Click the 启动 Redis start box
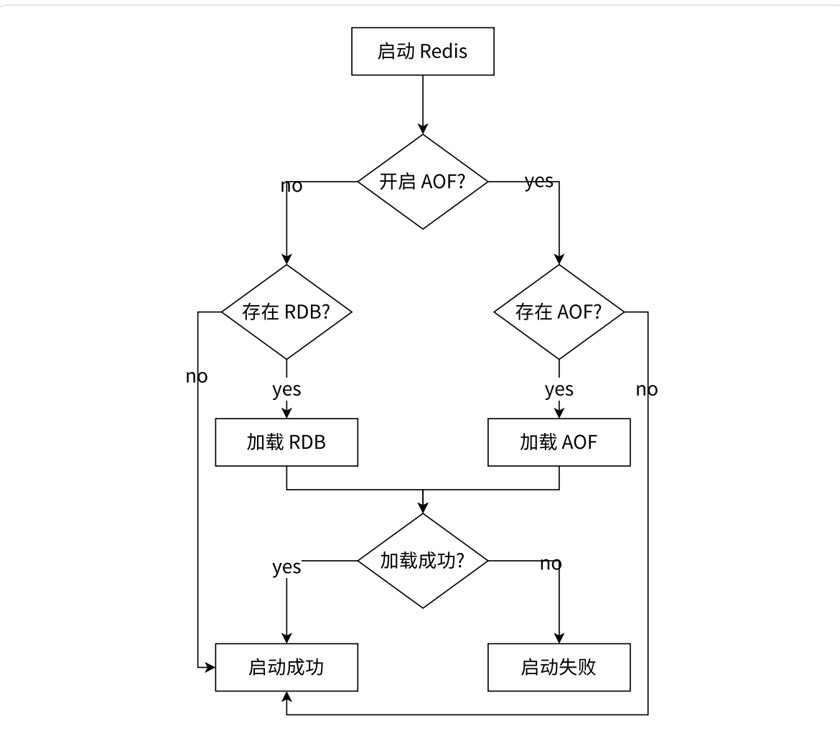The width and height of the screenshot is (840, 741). point(422,51)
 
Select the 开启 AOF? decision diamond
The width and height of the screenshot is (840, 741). point(422,182)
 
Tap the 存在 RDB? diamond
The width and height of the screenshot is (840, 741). point(286,312)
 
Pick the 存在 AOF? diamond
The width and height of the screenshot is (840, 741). point(559,312)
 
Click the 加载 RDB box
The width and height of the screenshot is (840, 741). point(286,442)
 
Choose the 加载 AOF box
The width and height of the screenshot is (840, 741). point(559,442)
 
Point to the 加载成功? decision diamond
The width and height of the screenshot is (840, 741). point(422,561)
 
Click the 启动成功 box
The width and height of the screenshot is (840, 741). point(286,667)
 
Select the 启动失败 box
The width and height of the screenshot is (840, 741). point(559,667)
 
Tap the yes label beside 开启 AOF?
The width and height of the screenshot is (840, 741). point(539,181)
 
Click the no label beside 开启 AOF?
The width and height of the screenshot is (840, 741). point(291,187)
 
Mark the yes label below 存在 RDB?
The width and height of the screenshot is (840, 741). point(286,389)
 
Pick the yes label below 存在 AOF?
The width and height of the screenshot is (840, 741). point(559,389)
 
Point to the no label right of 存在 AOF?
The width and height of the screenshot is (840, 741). point(646,389)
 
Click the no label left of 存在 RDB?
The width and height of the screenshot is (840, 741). point(197,376)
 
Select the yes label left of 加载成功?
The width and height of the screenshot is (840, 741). point(286,567)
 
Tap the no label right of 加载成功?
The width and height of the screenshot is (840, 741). point(551,564)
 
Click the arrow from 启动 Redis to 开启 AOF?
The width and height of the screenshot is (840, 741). point(422,104)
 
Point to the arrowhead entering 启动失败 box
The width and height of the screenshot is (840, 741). point(559,638)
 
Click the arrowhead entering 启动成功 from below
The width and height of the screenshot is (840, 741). point(286,696)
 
